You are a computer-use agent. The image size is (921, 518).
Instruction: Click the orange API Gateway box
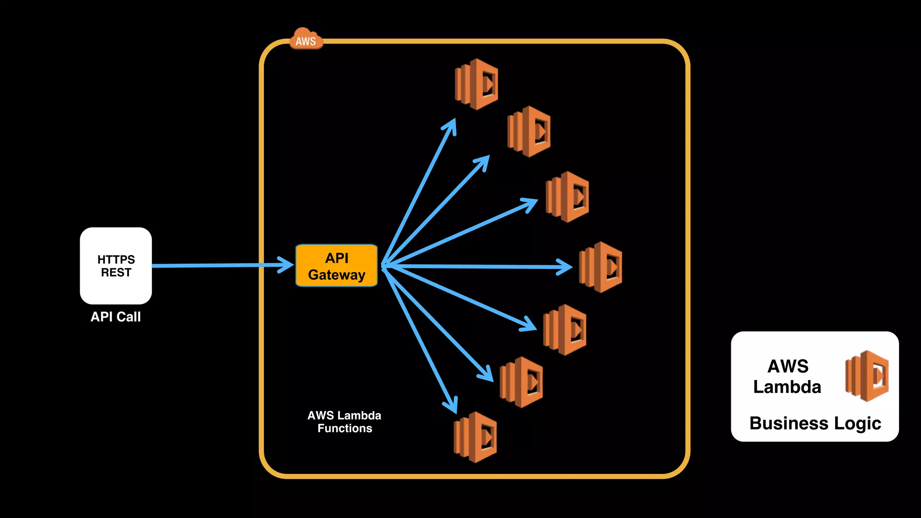coord(336,265)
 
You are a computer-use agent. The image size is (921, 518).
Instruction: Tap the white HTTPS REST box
coord(116,266)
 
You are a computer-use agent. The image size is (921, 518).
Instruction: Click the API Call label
coord(116,317)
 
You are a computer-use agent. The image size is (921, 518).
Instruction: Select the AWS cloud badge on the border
coord(306,40)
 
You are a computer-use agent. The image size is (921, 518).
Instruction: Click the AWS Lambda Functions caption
coord(344,422)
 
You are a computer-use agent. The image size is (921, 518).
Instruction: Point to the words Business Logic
coord(815,424)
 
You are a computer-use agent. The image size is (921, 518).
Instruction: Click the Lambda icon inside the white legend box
coord(867,376)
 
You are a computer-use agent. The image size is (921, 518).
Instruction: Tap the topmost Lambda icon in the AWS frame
coord(477,84)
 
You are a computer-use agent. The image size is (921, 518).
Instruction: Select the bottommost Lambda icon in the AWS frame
coord(475,437)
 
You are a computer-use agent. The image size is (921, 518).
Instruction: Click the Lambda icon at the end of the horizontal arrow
coord(601,267)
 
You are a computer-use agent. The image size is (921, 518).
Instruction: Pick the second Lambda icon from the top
coord(529,131)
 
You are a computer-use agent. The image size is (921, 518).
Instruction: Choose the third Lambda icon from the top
coord(568,197)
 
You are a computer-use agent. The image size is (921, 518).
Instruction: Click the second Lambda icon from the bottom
coord(521,382)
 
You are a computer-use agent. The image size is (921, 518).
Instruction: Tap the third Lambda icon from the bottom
coord(565,330)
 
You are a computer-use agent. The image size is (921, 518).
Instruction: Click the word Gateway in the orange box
coord(336,275)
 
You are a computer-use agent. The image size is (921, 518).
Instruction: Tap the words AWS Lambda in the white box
coord(787,377)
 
